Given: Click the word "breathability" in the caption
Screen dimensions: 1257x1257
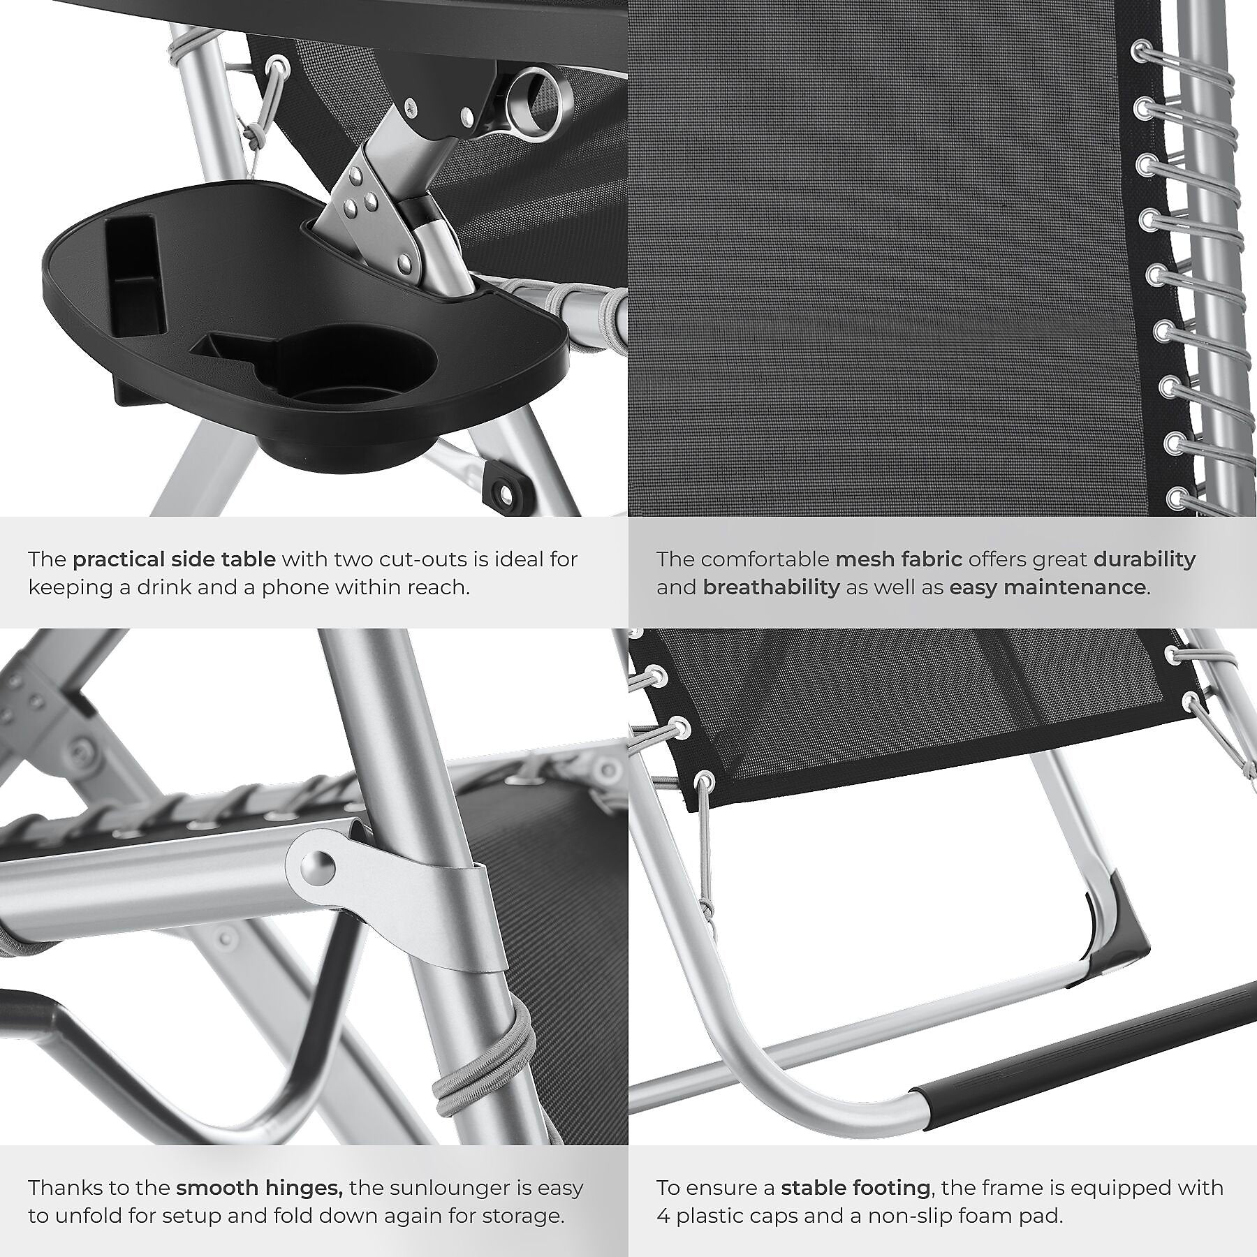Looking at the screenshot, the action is [771, 587].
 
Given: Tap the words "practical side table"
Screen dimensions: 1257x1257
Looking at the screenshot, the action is [175, 559].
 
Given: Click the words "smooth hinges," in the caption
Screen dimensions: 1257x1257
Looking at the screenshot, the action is [258, 1188].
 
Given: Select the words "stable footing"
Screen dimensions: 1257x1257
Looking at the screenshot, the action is [855, 1188].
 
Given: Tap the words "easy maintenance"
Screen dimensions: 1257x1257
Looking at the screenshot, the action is [1047, 587].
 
